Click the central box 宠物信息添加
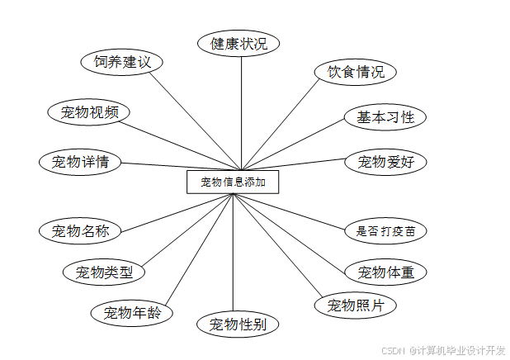(233, 182)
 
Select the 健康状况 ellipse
(238, 44)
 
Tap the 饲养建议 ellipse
(122, 62)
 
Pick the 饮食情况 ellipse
(356, 72)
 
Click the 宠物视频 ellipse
(89, 112)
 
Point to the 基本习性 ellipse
(385, 117)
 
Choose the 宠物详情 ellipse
(80, 161)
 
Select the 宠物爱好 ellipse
(385, 162)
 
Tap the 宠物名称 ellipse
(80, 230)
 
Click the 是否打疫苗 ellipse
(385, 230)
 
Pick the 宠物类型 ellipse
(105, 271)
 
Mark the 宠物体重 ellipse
(385, 272)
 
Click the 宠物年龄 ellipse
(132, 313)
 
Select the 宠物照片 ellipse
(356, 306)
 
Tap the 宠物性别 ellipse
(238, 324)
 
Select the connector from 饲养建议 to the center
(195, 119)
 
